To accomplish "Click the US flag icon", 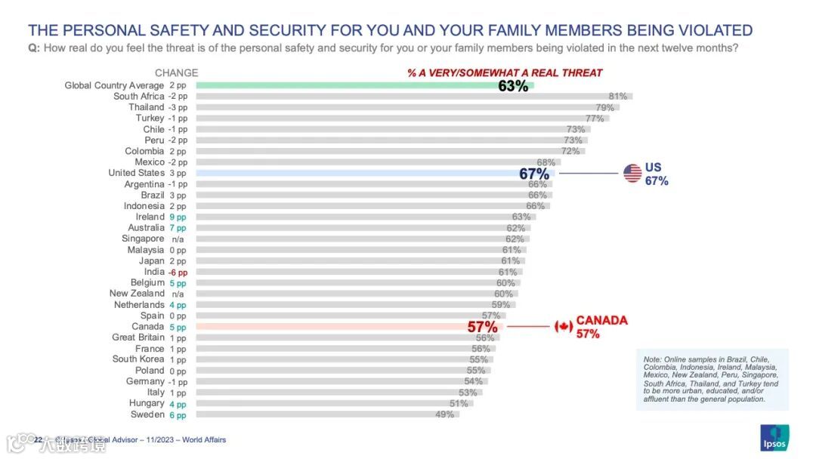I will point(632,174).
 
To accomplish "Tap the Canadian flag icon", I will point(564,327).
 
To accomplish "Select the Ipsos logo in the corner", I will point(774,438).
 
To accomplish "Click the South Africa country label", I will point(138,97).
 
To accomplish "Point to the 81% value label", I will point(618,97).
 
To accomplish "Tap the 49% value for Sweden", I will point(444,414).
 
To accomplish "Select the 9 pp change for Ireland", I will point(178,217).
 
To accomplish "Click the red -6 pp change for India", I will point(178,272).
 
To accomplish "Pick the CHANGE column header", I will point(176,73).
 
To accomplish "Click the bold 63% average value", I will point(513,86).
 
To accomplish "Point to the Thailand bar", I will point(407,107).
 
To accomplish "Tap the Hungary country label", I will point(147,404).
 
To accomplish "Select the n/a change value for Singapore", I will point(178,239).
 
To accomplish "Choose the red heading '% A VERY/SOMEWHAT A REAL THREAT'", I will point(505,73).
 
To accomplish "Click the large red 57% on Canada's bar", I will point(482,327).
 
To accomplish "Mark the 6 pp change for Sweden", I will point(178,414).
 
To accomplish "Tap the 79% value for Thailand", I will point(605,108).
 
